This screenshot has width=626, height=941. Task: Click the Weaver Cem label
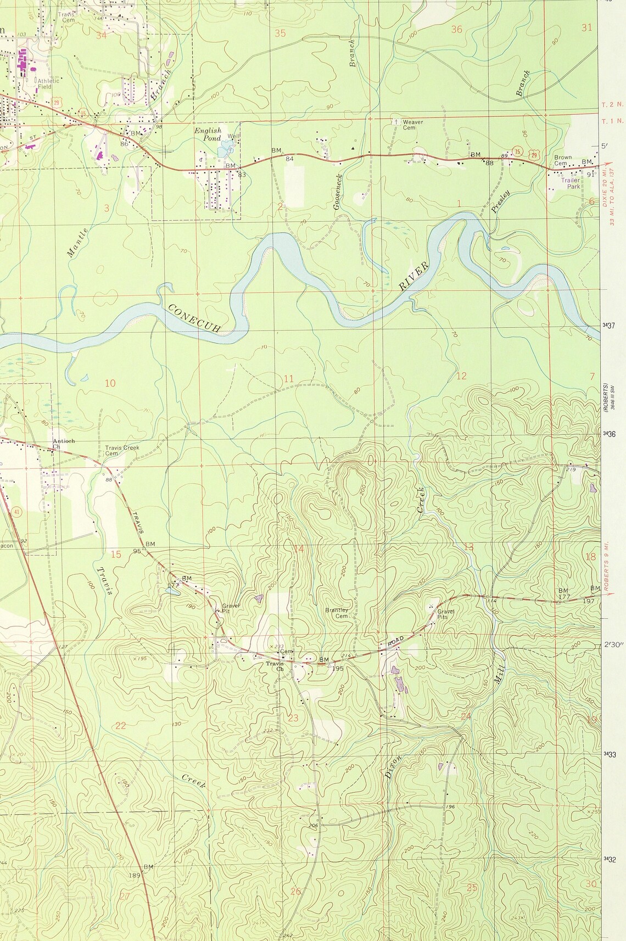[x=413, y=125]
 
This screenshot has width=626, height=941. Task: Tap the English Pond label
[x=208, y=135]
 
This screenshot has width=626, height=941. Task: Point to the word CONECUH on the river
[x=194, y=318]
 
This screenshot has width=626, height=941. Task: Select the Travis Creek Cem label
[x=122, y=450]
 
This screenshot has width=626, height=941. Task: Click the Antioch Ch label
[x=64, y=444]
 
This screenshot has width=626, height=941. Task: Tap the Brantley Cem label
[x=337, y=613]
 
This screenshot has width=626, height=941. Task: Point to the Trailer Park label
[x=571, y=183]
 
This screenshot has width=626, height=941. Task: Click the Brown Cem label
[x=563, y=160]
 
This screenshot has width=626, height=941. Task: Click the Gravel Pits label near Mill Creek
[x=445, y=614]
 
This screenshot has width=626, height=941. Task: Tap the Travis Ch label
[x=274, y=666]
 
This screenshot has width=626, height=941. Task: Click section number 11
[x=289, y=378]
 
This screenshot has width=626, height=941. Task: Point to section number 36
[x=456, y=30]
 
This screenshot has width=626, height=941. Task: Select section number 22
[x=121, y=726]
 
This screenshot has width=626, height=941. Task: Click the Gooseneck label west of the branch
[x=338, y=192]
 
